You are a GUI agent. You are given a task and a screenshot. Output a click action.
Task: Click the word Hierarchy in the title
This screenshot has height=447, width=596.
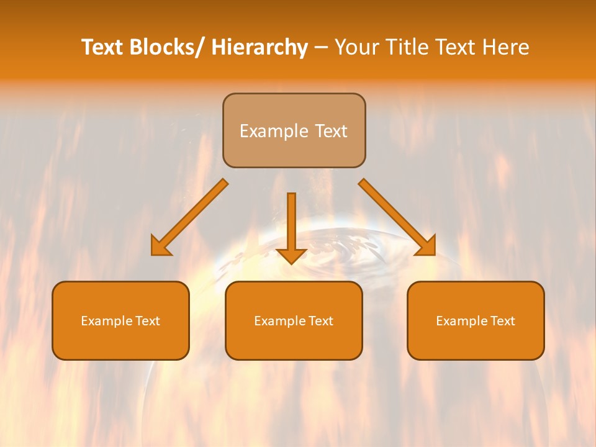click(x=260, y=47)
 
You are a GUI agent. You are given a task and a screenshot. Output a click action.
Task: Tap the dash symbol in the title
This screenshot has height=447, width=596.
click(x=321, y=48)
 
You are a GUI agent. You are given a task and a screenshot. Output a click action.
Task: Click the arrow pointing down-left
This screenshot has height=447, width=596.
click(x=192, y=215)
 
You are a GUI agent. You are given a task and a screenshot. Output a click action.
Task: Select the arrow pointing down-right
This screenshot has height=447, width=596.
click(x=394, y=214)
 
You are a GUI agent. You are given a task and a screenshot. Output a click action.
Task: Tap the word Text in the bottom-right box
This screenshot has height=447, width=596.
click(x=502, y=321)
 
